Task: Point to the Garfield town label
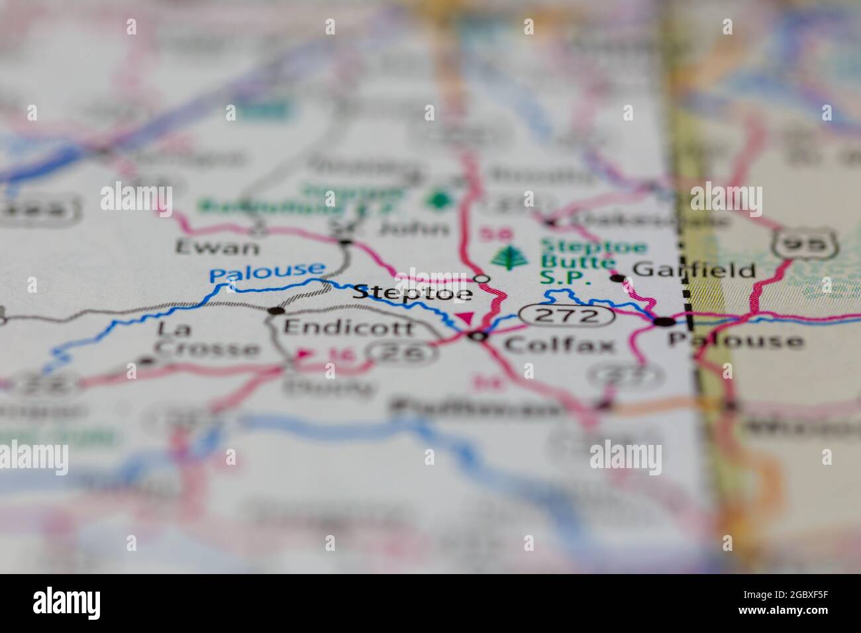coord(694,270)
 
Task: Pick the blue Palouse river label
coord(267,271)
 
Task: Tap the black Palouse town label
coord(735,341)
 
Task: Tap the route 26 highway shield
coord(405,353)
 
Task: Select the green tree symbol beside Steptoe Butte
coord(508,259)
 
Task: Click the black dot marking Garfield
coord(618,278)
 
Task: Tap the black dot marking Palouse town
coord(664,322)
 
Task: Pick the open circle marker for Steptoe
coord(483,278)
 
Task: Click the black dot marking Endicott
coord(276,311)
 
